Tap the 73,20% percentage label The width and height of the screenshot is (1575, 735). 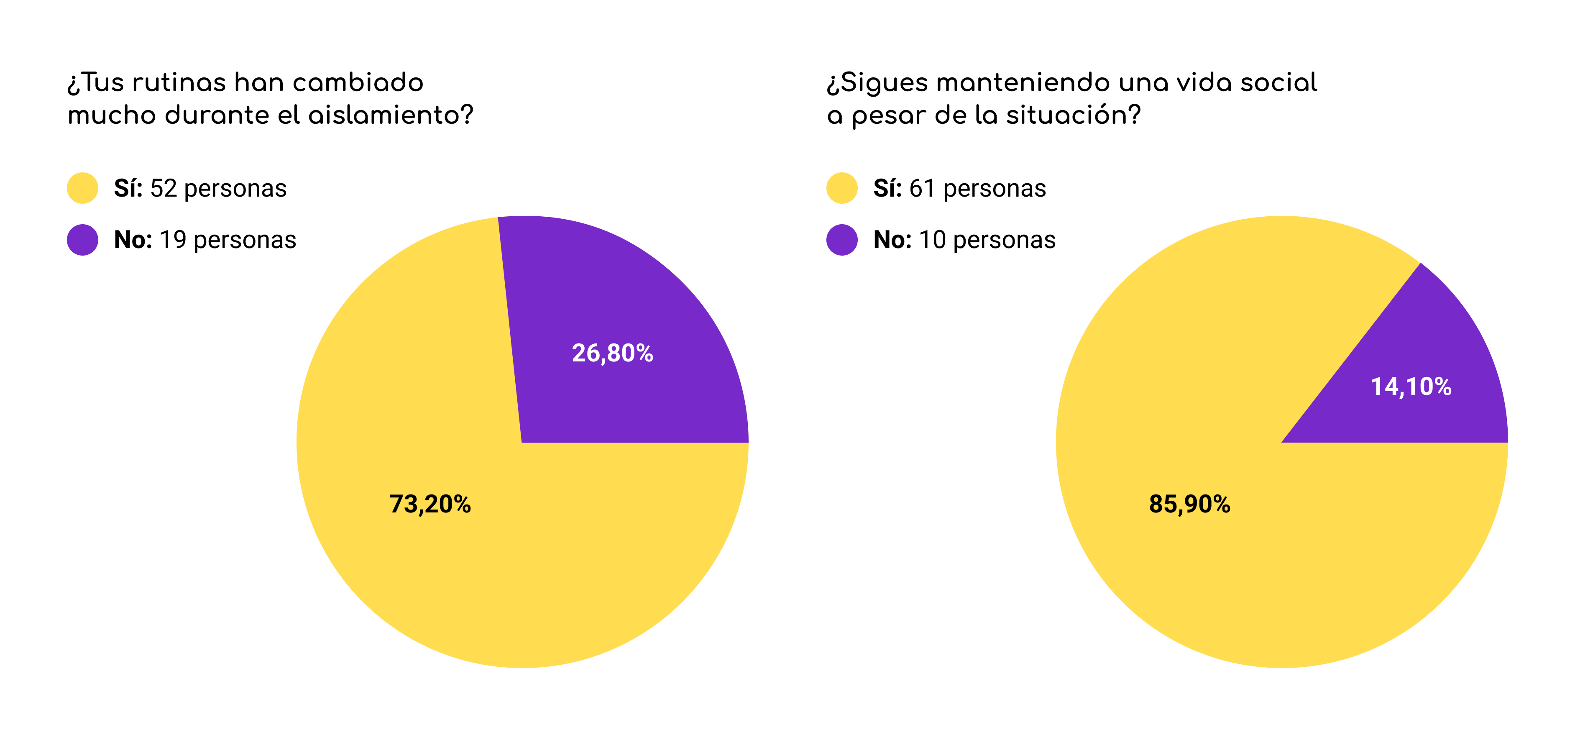click(430, 504)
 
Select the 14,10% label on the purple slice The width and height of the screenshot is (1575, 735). click(1411, 387)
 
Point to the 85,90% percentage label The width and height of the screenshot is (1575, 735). click(1189, 504)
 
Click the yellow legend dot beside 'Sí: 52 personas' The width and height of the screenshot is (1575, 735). click(82, 188)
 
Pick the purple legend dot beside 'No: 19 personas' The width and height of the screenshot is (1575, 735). click(82, 240)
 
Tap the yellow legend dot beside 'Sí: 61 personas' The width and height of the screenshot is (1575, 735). click(841, 188)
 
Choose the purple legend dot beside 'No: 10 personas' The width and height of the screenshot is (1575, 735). click(841, 240)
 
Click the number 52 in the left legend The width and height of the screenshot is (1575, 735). click(163, 188)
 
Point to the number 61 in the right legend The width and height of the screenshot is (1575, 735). click(922, 188)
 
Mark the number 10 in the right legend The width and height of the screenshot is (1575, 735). click(932, 240)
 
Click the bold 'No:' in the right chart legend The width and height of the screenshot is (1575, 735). click(892, 240)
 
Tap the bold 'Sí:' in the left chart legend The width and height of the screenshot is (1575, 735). click(128, 188)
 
